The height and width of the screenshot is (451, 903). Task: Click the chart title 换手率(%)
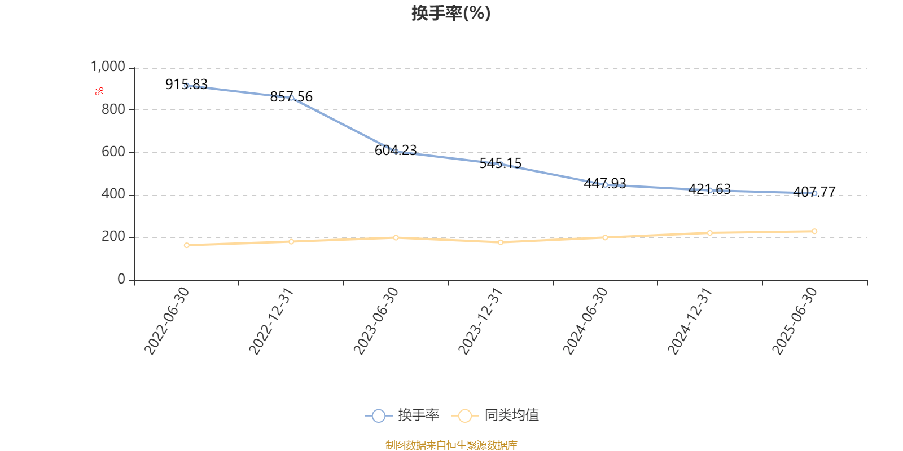click(x=451, y=13)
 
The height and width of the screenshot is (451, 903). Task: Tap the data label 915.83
click(x=186, y=85)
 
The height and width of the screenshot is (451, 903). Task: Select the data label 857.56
click(x=291, y=97)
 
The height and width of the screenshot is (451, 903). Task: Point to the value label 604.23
click(x=396, y=151)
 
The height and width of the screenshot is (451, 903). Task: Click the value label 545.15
click(x=501, y=163)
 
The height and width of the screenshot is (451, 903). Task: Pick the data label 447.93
click(x=605, y=184)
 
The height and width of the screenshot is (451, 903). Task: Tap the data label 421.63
click(x=709, y=189)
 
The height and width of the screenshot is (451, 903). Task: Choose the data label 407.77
click(x=814, y=192)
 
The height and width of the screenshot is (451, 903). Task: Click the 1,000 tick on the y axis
click(x=108, y=67)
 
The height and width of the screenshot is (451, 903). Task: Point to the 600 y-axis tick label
click(x=113, y=152)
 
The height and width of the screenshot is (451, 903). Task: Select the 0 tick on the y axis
click(x=121, y=279)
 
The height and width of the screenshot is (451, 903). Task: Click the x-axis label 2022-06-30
click(x=166, y=321)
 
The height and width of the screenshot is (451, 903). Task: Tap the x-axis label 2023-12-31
click(x=480, y=321)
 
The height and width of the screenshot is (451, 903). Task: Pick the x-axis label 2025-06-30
click(x=794, y=321)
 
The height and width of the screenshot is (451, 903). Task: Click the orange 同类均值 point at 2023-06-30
click(x=396, y=237)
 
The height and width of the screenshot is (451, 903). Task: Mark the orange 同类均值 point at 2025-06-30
click(x=814, y=231)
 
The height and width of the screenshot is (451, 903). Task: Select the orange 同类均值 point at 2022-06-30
click(x=187, y=245)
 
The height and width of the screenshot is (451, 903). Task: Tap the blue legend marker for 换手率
click(x=379, y=416)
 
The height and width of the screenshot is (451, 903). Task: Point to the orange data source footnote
click(x=451, y=445)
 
